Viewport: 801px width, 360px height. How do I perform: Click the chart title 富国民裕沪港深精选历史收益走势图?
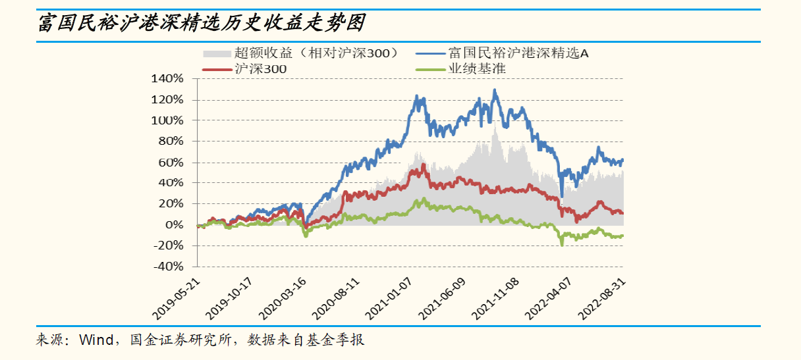coord(201,25)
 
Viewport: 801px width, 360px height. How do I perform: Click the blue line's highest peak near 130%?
coord(495,90)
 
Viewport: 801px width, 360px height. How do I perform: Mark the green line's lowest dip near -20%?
coord(562,245)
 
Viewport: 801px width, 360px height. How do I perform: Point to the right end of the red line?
coord(622,213)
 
